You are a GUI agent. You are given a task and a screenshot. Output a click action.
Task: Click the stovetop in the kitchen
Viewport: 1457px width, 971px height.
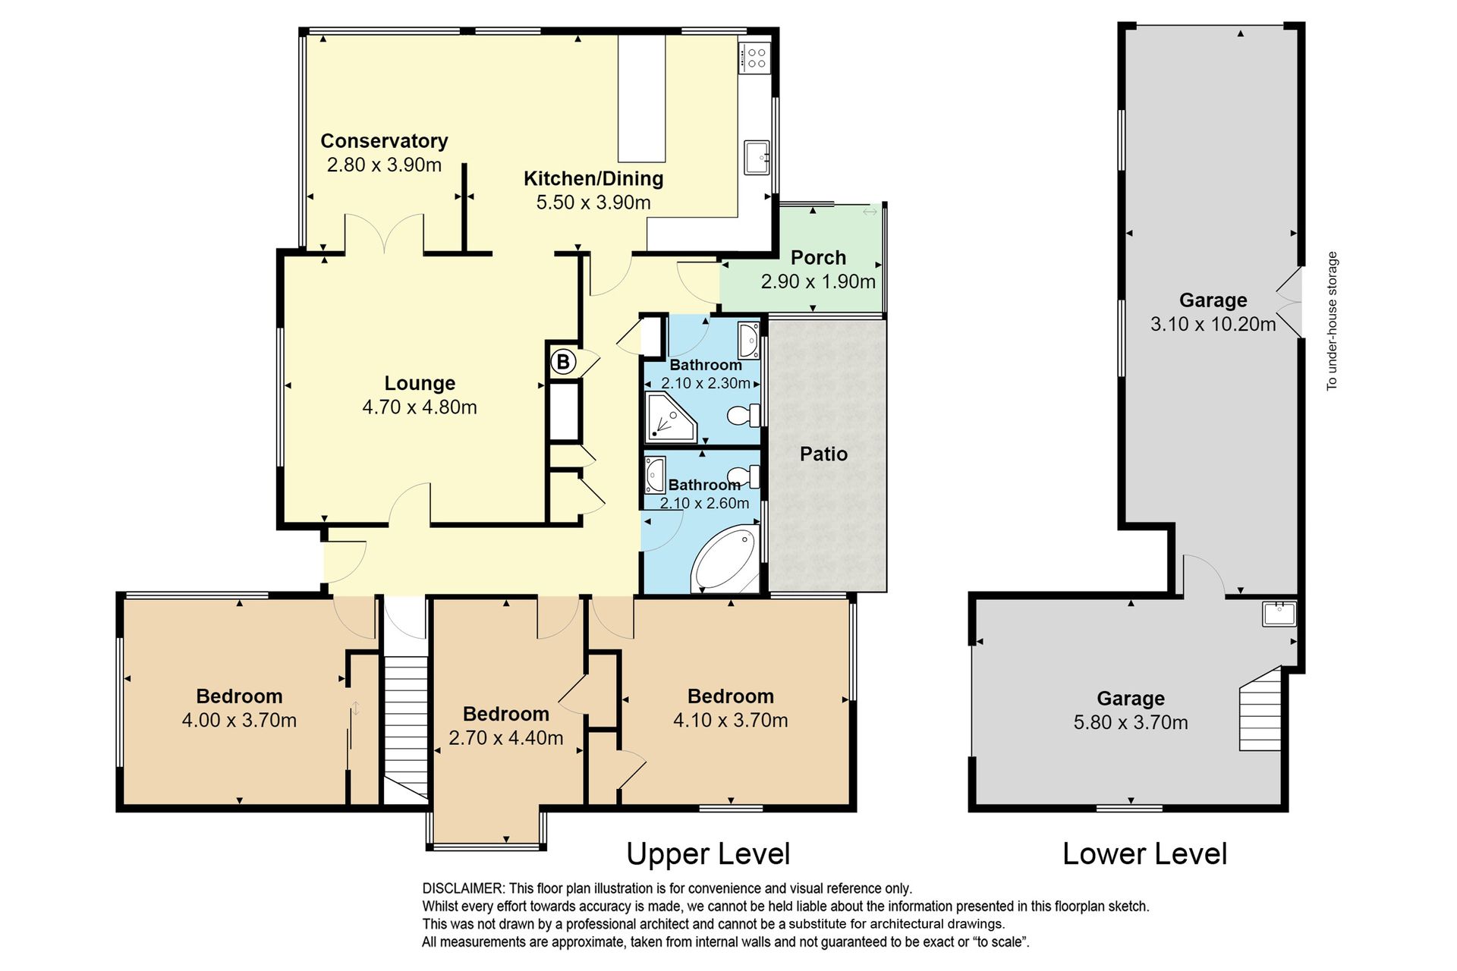[x=755, y=58]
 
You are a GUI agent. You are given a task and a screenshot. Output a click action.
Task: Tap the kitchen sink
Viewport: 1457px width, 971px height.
[x=756, y=157]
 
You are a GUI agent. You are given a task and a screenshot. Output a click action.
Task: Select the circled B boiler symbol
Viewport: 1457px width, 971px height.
[x=563, y=362]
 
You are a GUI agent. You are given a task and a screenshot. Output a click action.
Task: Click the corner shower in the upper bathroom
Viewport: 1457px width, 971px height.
[x=671, y=416]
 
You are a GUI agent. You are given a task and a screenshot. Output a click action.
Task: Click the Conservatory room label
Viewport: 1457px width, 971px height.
[x=384, y=141]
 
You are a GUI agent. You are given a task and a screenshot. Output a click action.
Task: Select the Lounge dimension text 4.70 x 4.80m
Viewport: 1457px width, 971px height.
[x=420, y=407]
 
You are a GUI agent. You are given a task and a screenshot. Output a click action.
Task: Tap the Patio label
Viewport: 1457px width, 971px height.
[x=823, y=454]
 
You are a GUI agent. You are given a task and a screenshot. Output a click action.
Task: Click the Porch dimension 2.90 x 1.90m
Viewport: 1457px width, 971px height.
[x=818, y=281]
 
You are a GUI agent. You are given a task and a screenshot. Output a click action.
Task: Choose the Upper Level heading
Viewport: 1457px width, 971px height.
[x=708, y=854]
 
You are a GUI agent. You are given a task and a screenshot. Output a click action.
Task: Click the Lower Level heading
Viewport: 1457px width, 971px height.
[x=1144, y=854]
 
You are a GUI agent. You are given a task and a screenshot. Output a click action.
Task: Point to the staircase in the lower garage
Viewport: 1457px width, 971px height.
[x=1260, y=709]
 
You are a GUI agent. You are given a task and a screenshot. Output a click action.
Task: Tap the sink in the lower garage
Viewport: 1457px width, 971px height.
[x=1279, y=613]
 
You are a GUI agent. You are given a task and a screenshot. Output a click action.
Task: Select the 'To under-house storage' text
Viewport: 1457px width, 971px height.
[x=1332, y=321]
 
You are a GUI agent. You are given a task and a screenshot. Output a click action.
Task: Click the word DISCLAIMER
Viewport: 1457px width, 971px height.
[x=462, y=888]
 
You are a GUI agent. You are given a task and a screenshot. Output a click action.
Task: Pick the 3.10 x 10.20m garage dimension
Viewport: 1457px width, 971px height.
[x=1213, y=325]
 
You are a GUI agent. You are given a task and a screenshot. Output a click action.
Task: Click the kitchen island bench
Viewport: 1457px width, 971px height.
[x=641, y=98]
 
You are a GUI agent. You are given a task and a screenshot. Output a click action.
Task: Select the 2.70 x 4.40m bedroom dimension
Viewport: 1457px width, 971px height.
[x=506, y=738]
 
